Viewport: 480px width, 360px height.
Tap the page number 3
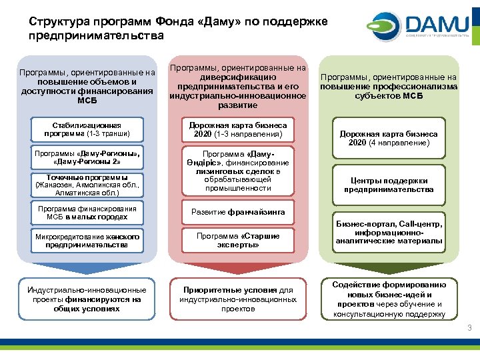click(469, 328)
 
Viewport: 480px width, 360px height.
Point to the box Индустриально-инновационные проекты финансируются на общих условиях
click(87, 299)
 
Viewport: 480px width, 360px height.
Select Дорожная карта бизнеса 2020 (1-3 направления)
click(238, 130)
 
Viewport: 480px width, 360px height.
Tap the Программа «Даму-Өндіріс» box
click(238, 170)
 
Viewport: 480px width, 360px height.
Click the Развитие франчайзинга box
click(238, 213)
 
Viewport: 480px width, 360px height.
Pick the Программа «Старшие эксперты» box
click(238, 240)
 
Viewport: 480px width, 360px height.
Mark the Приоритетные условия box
click(238, 299)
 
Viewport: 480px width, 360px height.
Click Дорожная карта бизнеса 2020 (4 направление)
click(389, 138)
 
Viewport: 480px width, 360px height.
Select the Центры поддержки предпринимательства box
click(389, 185)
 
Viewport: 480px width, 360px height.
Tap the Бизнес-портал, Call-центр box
click(389, 232)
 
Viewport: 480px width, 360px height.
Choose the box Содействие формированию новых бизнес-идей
click(389, 299)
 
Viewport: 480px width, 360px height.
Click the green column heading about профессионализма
click(389, 86)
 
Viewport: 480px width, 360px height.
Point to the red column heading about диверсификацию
click(238, 86)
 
